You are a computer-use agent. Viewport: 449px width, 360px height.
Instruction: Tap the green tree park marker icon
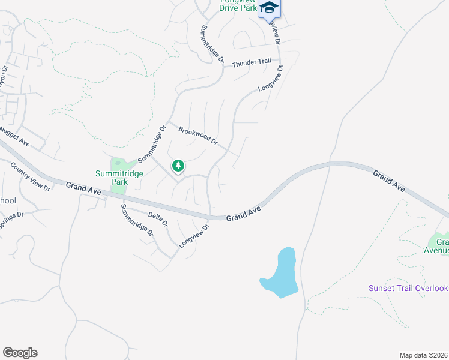point(178,165)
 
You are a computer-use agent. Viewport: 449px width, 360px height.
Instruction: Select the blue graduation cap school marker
point(270,8)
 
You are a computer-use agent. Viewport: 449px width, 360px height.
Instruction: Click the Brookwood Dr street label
point(197,135)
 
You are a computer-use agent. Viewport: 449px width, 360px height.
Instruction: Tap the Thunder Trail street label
point(252,62)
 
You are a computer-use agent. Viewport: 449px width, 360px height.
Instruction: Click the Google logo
point(20,353)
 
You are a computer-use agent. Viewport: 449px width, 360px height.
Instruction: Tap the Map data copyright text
point(424,355)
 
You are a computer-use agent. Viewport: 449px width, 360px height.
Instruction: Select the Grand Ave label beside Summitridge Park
point(83,188)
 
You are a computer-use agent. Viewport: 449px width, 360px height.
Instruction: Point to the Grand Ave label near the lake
point(244,215)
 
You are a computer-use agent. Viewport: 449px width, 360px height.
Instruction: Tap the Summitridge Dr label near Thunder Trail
point(212,45)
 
